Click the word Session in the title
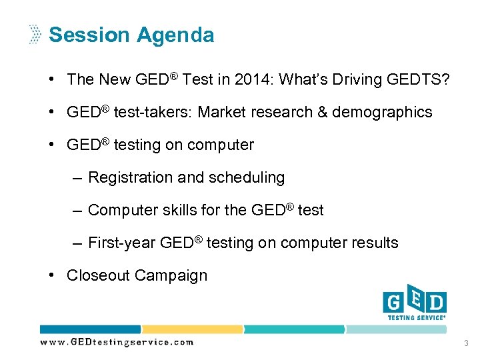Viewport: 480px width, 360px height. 92,35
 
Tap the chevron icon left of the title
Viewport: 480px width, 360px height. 34,35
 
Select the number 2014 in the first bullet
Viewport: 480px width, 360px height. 254,79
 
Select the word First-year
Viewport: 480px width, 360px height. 122,243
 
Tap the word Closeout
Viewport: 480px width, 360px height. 99,275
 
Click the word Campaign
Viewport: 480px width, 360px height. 171,275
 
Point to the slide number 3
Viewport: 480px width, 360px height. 465,343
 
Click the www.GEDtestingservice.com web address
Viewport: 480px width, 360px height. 117,342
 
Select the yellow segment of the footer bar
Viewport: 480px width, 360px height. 192,329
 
